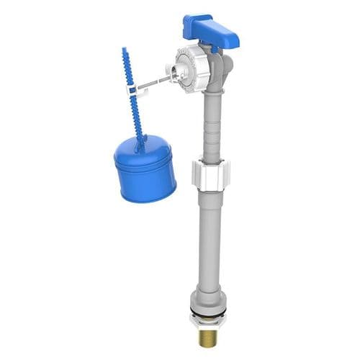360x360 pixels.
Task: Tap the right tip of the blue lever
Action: pos(233,44)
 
